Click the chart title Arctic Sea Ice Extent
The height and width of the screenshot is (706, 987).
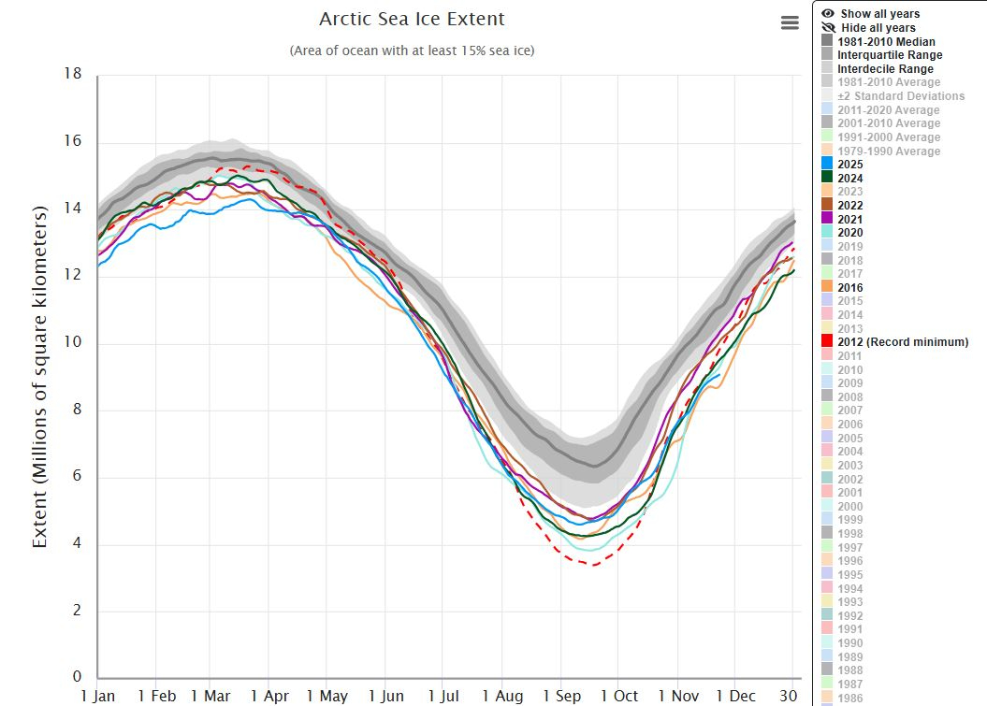(x=412, y=19)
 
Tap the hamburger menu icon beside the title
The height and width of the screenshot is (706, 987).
(x=790, y=23)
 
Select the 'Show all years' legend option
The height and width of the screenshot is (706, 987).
(x=878, y=14)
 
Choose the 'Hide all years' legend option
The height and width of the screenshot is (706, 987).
(x=878, y=28)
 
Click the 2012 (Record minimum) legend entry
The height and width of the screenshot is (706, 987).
(x=903, y=342)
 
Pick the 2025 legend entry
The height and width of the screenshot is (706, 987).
(x=850, y=165)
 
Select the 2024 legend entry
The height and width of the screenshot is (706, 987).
(x=850, y=179)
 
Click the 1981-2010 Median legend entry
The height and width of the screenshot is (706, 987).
(x=885, y=42)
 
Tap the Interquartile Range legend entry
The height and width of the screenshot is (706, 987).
(x=889, y=55)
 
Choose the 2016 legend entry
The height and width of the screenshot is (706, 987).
(x=850, y=288)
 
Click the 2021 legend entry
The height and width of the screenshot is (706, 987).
(x=850, y=220)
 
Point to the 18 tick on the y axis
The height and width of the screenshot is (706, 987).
(x=72, y=75)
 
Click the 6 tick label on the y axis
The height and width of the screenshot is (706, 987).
(x=77, y=477)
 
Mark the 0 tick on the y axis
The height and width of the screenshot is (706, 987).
(x=77, y=677)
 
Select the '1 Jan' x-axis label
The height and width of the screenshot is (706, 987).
(x=98, y=696)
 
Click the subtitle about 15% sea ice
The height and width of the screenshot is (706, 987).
(x=412, y=50)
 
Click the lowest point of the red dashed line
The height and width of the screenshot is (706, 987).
(x=593, y=565)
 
